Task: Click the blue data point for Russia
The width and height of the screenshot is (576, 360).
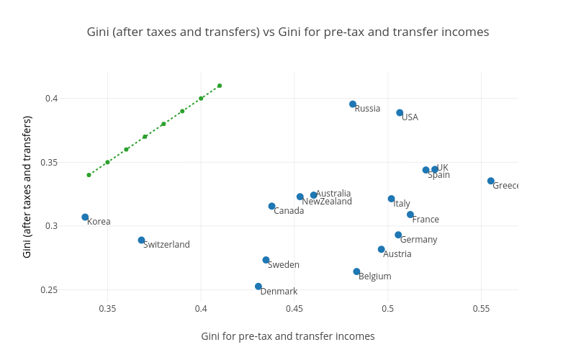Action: pos(353,104)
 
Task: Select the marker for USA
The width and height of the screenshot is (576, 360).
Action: pos(400,113)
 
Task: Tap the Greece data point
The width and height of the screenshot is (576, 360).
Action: pos(491,181)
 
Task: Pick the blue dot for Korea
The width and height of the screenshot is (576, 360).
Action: pos(85,217)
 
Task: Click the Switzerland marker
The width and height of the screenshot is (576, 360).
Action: pos(141,240)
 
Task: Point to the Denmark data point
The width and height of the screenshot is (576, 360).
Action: pos(258,287)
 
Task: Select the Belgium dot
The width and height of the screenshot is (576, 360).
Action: pos(356,272)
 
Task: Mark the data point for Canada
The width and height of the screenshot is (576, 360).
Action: pos(271,207)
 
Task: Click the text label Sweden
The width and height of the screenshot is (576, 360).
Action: pos(284,265)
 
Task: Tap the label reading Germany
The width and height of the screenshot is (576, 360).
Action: pos(418,240)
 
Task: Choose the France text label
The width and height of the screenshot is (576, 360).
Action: pos(426,220)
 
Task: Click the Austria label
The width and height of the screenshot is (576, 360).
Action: pos(397,254)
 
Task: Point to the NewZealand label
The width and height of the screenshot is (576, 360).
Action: pos(327,202)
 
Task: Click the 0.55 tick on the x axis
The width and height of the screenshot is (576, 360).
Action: pos(481,309)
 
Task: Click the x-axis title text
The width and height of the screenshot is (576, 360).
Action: pos(287,336)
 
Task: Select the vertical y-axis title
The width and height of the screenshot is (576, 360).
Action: pos(27,186)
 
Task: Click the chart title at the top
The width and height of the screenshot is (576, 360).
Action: pos(287,32)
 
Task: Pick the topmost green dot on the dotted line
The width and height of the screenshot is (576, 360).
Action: pos(220,86)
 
